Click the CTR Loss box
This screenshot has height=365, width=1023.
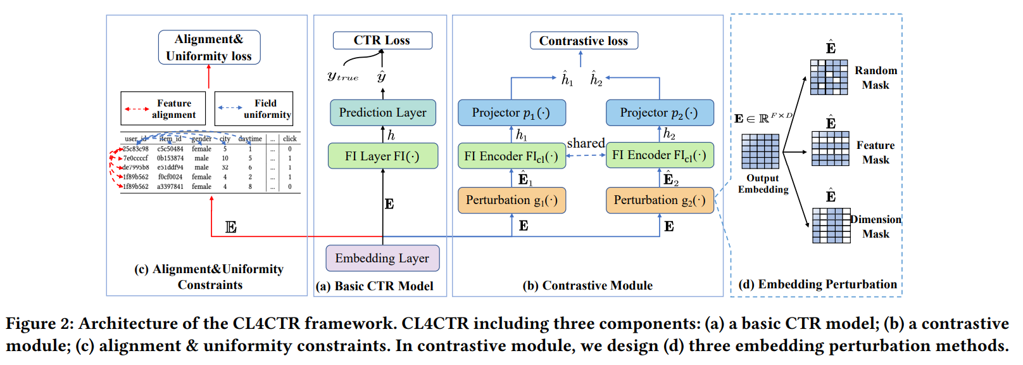point(383,41)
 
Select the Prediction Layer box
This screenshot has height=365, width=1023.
point(383,113)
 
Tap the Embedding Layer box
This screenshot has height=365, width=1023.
point(383,258)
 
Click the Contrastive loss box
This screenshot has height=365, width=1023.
point(584,41)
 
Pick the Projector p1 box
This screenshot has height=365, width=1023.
point(511,113)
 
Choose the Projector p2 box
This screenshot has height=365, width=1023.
point(660,113)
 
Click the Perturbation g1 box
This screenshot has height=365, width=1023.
point(511,200)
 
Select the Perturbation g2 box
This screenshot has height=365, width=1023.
point(660,200)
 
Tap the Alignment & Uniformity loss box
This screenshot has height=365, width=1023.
point(209,47)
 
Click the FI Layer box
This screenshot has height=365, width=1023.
point(383,156)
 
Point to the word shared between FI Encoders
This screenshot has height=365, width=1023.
point(586,144)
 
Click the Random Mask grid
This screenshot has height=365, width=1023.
point(829,77)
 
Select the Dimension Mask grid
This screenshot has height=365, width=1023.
point(831,226)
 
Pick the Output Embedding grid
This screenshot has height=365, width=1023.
point(760,151)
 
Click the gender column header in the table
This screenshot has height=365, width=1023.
point(201,139)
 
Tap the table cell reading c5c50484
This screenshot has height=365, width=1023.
point(170,149)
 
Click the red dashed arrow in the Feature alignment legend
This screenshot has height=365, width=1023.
point(137,110)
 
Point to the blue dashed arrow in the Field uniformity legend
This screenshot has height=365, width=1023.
point(230,108)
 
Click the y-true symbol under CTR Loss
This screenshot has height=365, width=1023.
point(343,77)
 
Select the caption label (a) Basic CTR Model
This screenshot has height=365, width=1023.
point(375,286)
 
